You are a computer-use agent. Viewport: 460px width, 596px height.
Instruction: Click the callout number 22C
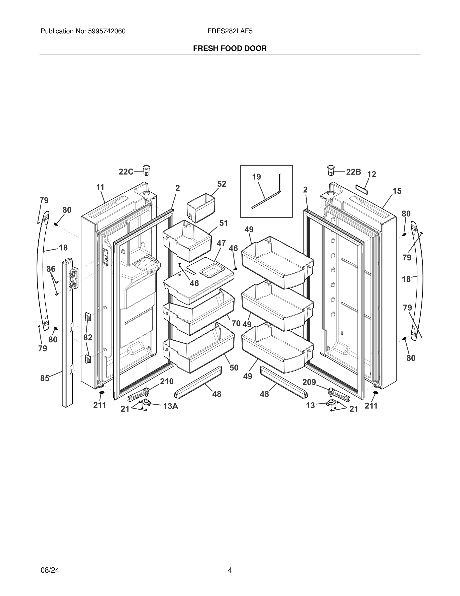(x=126, y=172)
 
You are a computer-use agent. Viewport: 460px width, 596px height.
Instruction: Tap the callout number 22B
(x=354, y=172)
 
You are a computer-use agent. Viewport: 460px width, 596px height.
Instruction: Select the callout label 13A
(x=171, y=406)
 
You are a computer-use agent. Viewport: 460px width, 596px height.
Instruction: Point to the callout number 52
(x=222, y=184)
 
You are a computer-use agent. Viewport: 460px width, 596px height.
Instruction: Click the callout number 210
(x=167, y=382)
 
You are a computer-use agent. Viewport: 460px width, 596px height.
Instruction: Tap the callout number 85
(x=45, y=378)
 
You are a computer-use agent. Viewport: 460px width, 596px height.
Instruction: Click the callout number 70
(x=236, y=323)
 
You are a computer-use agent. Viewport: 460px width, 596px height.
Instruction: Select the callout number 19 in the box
(x=257, y=177)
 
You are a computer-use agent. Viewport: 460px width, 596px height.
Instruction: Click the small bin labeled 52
(x=201, y=208)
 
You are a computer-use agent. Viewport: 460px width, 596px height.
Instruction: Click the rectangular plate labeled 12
(x=362, y=189)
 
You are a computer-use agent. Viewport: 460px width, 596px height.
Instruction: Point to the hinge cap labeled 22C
(x=147, y=170)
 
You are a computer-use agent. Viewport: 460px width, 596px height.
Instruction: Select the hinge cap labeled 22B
(x=331, y=170)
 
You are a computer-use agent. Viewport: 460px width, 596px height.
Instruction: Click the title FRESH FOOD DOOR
(x=230, y=49)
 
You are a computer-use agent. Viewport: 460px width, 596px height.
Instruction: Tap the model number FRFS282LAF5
(x=230, y=31)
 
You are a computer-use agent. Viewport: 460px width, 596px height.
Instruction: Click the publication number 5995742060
(x=106, y=31)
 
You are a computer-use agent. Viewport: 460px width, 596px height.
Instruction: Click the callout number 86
(x=51, y=269)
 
